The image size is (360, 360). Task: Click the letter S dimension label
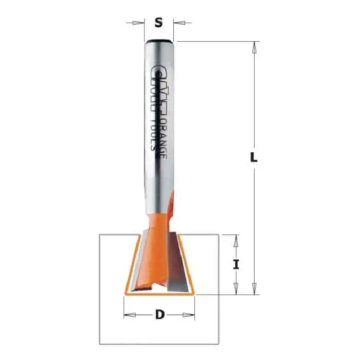158,23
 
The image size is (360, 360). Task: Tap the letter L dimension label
254,157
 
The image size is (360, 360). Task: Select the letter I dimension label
236,264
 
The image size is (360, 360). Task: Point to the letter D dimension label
160,314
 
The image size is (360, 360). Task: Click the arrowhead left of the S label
138,23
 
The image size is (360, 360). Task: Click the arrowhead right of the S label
179,23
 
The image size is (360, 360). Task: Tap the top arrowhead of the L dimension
254,47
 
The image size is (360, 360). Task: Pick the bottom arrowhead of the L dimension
254,289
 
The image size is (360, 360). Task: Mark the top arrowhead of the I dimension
236,241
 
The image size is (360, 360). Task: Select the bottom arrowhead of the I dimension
236,289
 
